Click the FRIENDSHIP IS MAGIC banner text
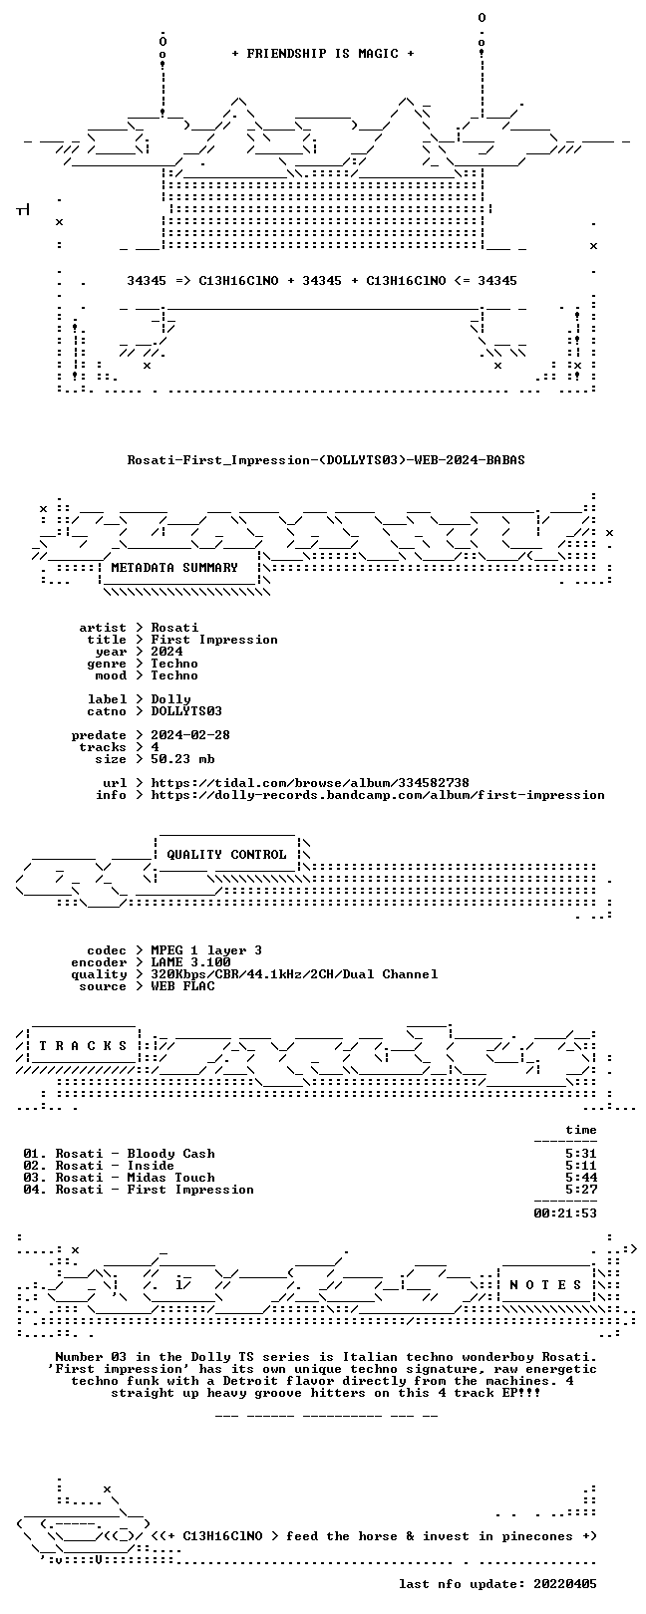click(x=323, y=54)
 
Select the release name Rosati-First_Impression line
click(x=326, y=459)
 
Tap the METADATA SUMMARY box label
click(x=174, y=568)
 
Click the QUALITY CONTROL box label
click(x=226, y=855)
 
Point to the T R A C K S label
click(x=83, y=1046)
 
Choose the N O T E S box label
click(x=545, y=1284)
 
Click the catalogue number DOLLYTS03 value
click(x=186, y=711)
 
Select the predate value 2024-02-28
click(x=190, y=735)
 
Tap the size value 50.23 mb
click(x=182, y=759)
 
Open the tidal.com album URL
click(x=310, y=783)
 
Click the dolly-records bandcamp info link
click(x=378, y=795)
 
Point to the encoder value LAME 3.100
click(x=190, y=962)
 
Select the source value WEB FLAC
click(x=182, y=986)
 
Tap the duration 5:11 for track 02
click(x=581, y=1166)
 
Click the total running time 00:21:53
click(x=565, y=1213)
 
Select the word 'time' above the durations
click(x=581, y=1130)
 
